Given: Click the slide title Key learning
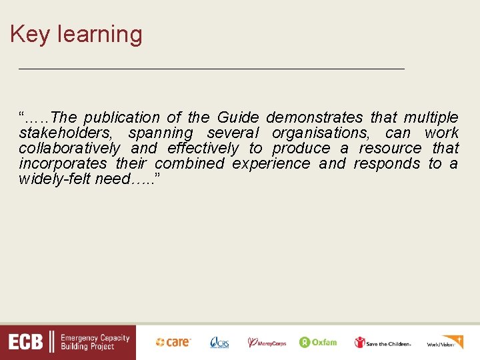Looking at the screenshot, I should pos(76,34).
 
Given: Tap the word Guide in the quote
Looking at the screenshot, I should pos(238,118).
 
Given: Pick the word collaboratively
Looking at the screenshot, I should pos(69,148).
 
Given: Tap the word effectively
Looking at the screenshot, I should pos(202,148).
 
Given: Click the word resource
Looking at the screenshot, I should pos(390,148).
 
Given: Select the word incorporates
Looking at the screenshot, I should pos(63,163).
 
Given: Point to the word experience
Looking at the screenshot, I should pos(271,163).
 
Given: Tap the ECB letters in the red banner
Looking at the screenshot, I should pos(26,343).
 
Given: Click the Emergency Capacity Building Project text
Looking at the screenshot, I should pos(95,343).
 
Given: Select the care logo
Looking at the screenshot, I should pos(173,342).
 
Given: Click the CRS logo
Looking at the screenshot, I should pos(219,342).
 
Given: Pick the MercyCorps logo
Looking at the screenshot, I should pos(267,343).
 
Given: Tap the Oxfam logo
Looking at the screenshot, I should pos(318,342).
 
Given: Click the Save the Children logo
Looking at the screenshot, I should pos(383,343).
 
